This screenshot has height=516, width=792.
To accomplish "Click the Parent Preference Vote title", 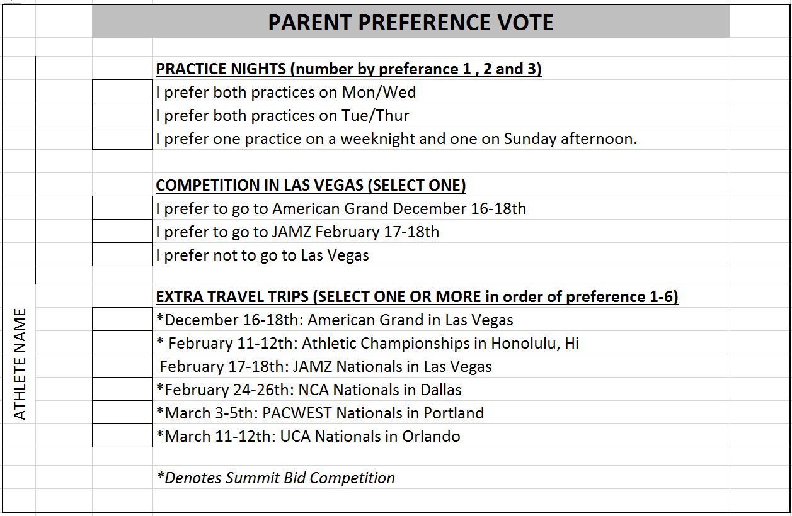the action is [x=411, y=23].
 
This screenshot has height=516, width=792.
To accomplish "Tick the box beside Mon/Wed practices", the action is [x=122, y=91].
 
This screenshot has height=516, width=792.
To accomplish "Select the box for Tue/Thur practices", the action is [x=122, y=115].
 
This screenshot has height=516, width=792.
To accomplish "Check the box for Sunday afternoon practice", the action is [x=122, y=138].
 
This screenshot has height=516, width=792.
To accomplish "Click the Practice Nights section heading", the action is [x=348, y=69].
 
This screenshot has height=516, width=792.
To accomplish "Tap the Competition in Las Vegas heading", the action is [x=311, y=186].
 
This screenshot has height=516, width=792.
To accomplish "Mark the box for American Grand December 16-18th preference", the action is [x=122, y=208].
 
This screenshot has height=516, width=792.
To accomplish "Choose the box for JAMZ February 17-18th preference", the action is [x=122, y=231].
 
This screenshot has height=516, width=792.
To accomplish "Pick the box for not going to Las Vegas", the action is [x=122, y=254].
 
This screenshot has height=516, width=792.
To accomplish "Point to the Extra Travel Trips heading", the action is [x=417, y=296].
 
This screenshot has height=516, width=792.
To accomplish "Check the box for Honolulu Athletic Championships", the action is [x=122, y=342].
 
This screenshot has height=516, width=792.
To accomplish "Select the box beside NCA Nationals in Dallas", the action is [x=122, y=389].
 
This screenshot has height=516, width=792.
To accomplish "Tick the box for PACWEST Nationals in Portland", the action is [x=122, y=412].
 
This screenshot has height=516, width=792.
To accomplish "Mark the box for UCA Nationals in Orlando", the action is [x=122, y=435].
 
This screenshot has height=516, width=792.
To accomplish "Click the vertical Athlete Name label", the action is [x=20, y=364].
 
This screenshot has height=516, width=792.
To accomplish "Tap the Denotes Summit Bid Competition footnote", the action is [x=276, y=478].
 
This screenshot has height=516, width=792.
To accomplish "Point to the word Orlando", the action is [x=431, y=437].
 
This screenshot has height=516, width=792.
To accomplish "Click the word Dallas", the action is [x=441, y=390].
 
